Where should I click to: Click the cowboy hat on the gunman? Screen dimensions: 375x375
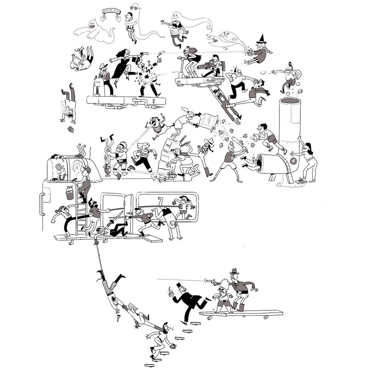[x=234, y=271]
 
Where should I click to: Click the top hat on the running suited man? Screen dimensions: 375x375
[x=179, y=285]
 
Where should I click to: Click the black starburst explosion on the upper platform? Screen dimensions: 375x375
[x=149, y=78]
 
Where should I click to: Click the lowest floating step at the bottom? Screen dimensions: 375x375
[x=149, y=365]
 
